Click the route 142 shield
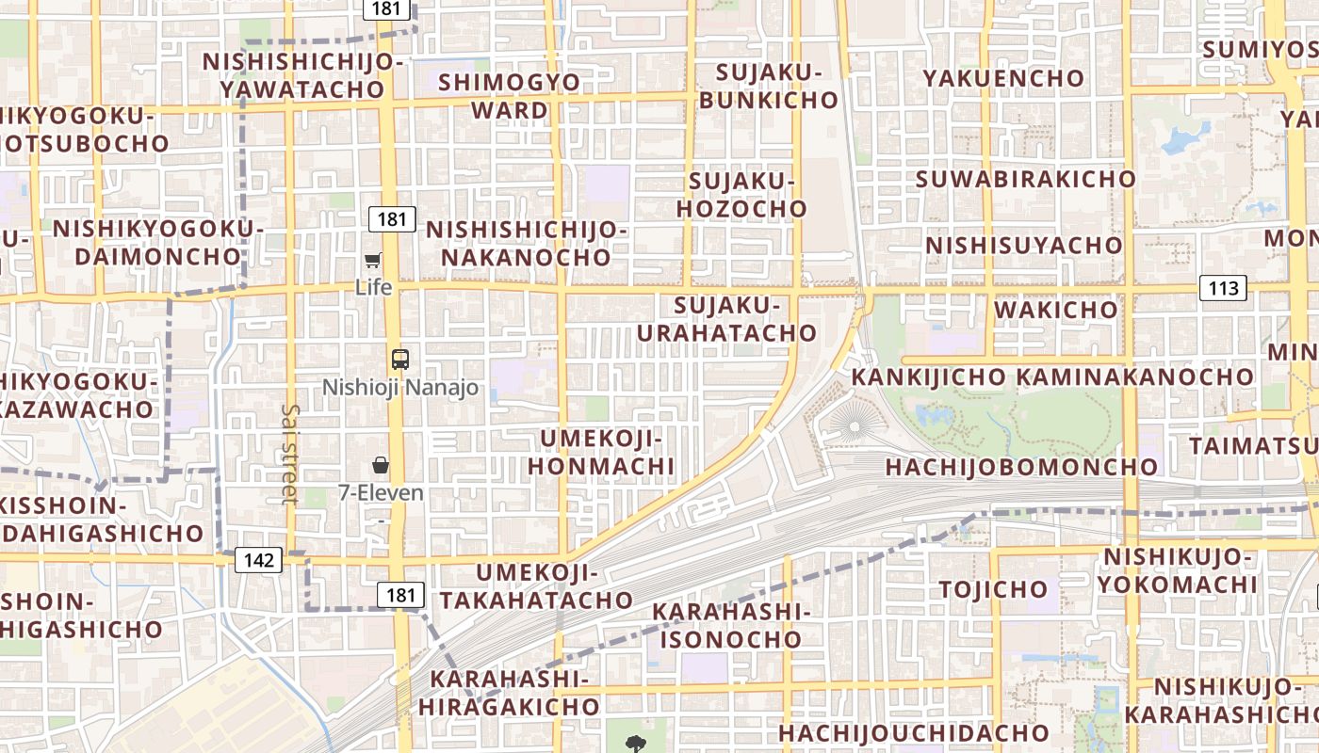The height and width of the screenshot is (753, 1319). click(258, 561)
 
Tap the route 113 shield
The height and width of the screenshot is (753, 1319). click(1223, 288)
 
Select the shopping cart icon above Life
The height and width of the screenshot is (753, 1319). click(373, 260)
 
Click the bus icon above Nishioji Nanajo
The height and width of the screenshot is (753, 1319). click(400, 359)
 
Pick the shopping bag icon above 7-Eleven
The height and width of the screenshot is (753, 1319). click(381, 464)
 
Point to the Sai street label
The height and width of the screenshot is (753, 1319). click(289, 454)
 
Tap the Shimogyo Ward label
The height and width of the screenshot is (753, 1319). click(510, 96)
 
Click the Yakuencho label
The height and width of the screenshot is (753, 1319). click(1004, 78)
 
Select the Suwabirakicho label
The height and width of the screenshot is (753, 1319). click(1026, 179)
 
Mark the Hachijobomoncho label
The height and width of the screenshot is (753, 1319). click(1021, 467)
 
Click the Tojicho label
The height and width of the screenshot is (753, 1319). click(993, 590)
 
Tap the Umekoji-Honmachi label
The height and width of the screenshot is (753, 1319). click(601, 453)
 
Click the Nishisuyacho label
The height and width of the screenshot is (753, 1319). click(1024, 246)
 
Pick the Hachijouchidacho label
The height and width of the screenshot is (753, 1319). click(913, 732)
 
